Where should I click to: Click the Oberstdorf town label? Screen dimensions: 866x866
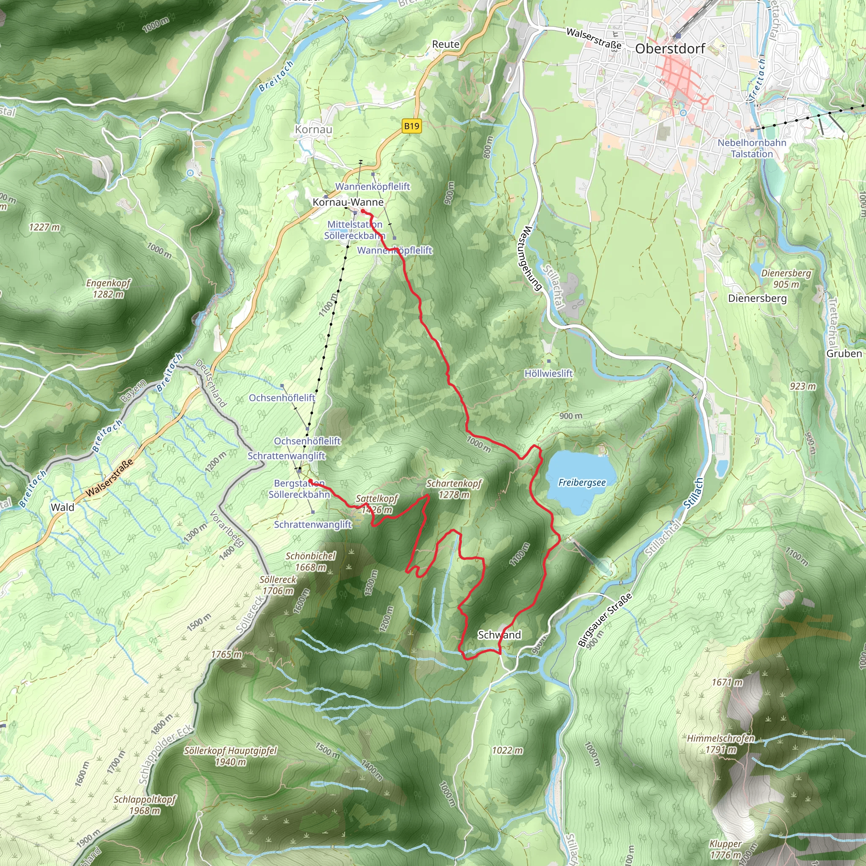tap(670, 49)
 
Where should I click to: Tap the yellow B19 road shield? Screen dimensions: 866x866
tap(411, 126)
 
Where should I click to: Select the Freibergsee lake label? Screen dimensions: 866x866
tap(582, 483)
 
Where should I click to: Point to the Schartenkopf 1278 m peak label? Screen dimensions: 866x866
tap(454, 488)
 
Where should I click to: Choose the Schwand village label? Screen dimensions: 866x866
tap(499, 635)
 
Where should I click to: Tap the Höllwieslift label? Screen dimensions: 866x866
tap(548, 373)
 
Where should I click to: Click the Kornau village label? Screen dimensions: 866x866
tap(313, 129)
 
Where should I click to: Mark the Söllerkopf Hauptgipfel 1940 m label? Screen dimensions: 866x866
tap(230, 756)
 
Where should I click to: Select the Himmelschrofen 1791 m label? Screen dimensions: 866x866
tap(721, 744)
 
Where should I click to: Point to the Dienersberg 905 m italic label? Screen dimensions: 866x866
tap(786, 278)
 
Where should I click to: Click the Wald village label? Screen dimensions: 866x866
tap(62, 507)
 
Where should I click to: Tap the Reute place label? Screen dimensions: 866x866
tap(446, 44)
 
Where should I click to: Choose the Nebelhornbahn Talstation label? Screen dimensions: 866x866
tap(752, 148)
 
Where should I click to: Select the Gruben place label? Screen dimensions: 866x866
tap(844, 353)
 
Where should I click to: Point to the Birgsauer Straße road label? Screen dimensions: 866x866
tap(605, 620)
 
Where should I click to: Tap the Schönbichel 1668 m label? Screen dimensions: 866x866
tap(310, 561)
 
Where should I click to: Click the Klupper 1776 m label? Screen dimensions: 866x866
tap(725, 850)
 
